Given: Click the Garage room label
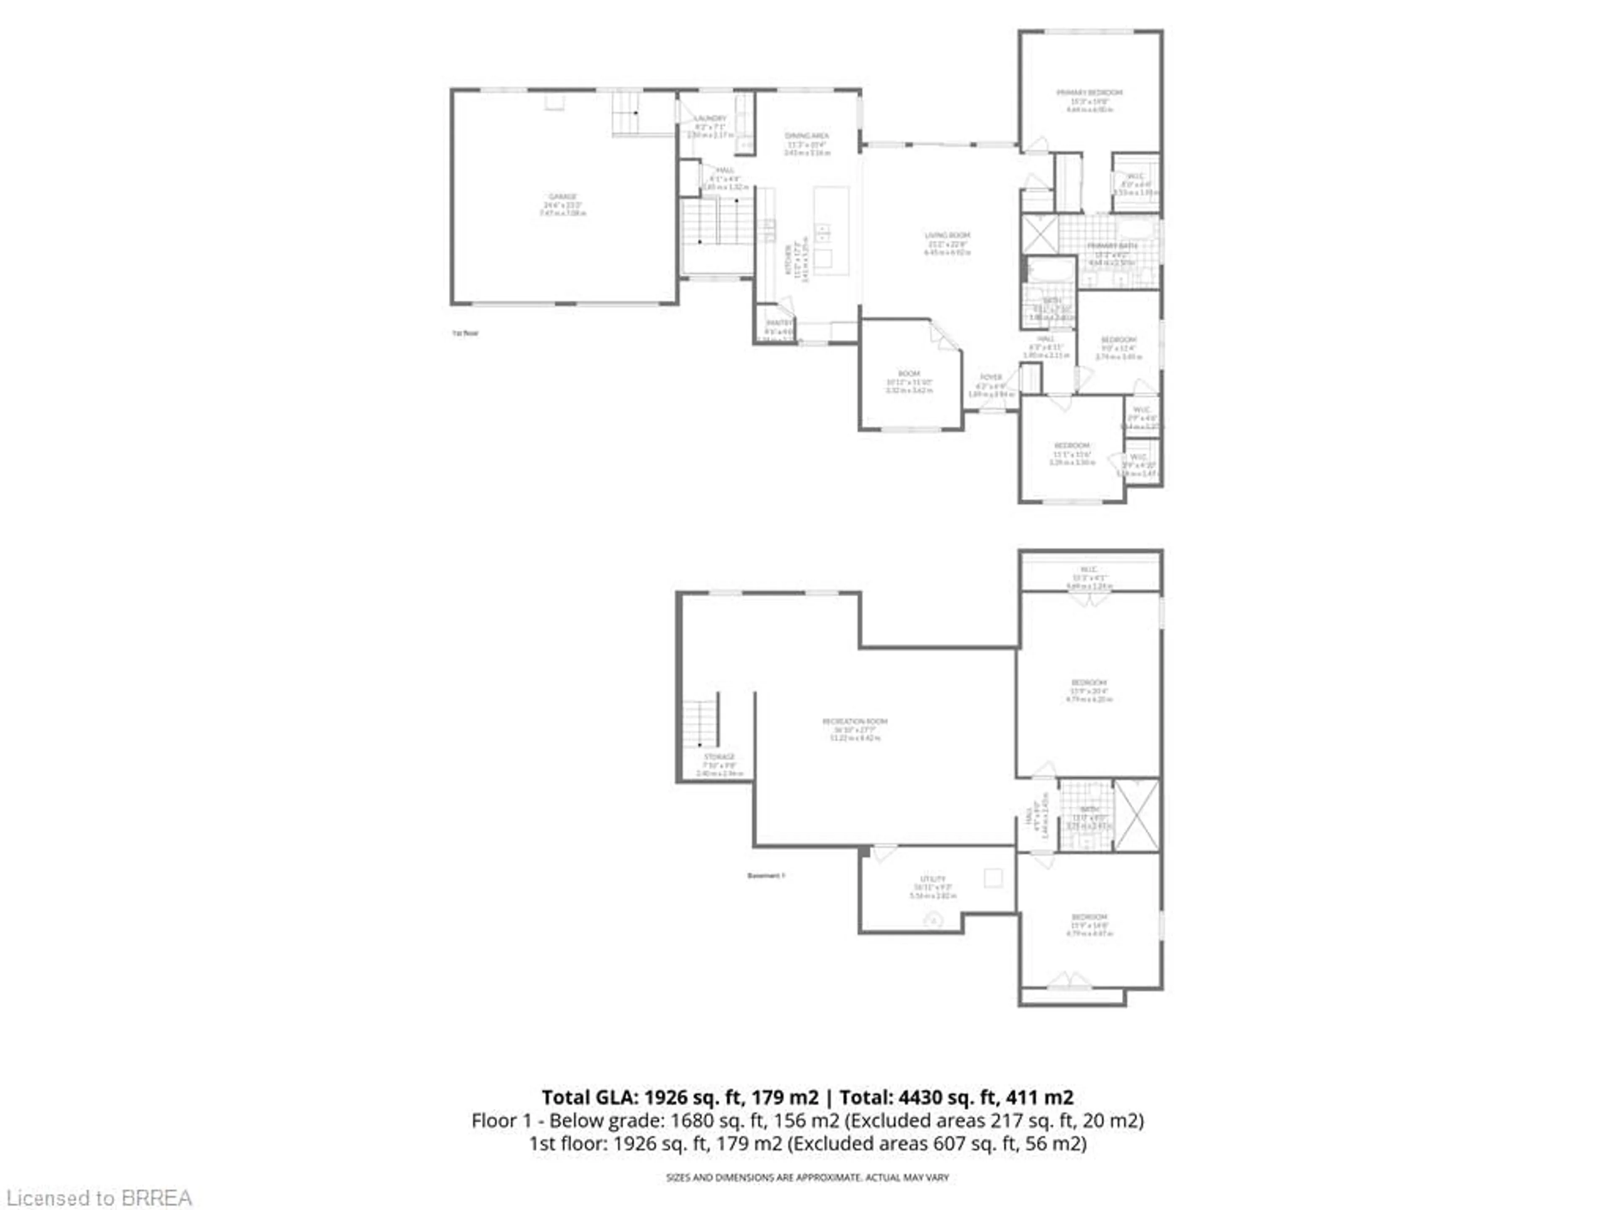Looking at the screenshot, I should pos(562,197).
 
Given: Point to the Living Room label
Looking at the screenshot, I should pos(947,236).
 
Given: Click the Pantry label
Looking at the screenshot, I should pos(778,323).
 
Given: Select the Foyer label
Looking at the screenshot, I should pos(991,378).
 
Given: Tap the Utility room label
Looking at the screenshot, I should pos(933,879).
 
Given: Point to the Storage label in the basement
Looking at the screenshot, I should pos(719,757).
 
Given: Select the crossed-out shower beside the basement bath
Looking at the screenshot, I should pos(1137,815).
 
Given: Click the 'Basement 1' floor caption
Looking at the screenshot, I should pos(765,875).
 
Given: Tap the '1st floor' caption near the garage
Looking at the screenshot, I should pos(465,333).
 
